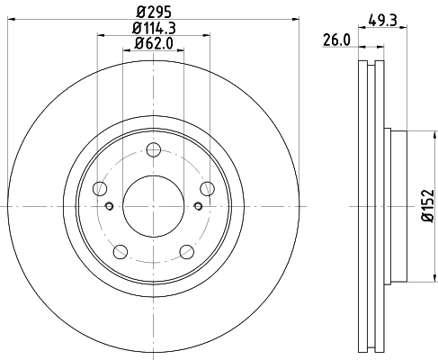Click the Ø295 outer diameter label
point(153,13)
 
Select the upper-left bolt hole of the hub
point(99,188)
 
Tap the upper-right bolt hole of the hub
point(208,188)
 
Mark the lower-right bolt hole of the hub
point(187,252)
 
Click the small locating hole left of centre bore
point(110,206)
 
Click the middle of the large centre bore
point(153,206)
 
